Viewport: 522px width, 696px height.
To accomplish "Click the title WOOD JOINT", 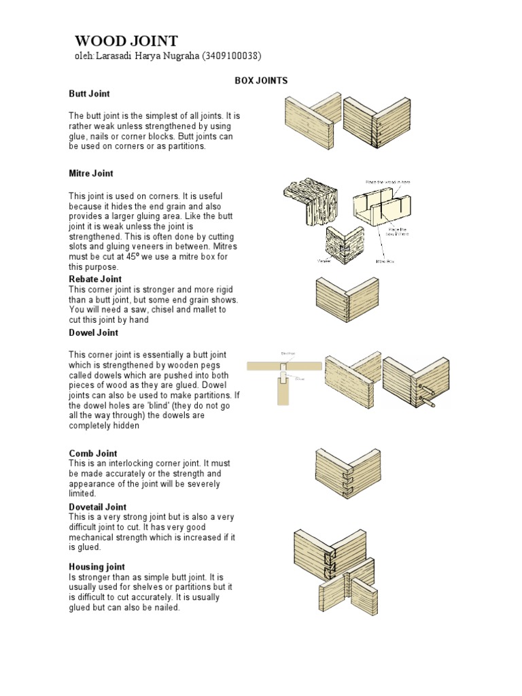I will coord(126,41).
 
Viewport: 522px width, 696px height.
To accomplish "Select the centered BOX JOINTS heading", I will coord(261,80).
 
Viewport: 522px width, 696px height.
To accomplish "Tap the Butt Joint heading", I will coord(89,93).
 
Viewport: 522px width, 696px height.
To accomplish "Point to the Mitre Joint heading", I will coord(91,174).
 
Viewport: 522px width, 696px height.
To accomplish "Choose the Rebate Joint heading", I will coord(95,279).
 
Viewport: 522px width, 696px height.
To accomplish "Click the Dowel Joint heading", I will coord(93,332).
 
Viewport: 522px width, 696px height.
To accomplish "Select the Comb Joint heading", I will coord(93,453).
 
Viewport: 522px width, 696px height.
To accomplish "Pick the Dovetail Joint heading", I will coord(98,507).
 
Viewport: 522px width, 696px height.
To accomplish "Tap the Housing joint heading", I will coord(97,566).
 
